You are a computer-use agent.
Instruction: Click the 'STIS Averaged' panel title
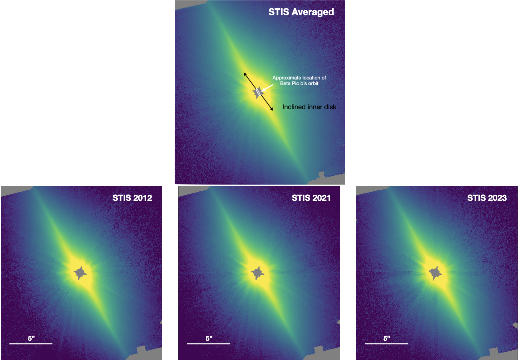301,12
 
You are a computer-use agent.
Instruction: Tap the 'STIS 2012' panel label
132,198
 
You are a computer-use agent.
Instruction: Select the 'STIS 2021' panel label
311,198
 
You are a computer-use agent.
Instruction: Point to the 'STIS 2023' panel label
487,198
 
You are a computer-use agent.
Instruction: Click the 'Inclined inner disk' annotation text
309,107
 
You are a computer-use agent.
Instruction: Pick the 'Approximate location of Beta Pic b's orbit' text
299,80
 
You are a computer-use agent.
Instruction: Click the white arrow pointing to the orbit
267,87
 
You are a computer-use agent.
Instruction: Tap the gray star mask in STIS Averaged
257,93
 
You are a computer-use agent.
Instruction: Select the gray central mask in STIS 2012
80,273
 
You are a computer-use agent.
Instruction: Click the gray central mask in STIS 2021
258,273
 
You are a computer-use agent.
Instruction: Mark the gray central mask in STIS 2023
436,273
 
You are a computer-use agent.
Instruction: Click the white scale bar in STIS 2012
31,343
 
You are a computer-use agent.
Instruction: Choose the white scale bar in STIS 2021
208,343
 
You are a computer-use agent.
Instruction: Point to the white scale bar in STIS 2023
386,343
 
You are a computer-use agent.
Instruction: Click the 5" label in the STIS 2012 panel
31,338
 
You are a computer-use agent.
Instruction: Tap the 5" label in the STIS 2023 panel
387,338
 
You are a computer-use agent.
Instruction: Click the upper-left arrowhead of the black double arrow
245,73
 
